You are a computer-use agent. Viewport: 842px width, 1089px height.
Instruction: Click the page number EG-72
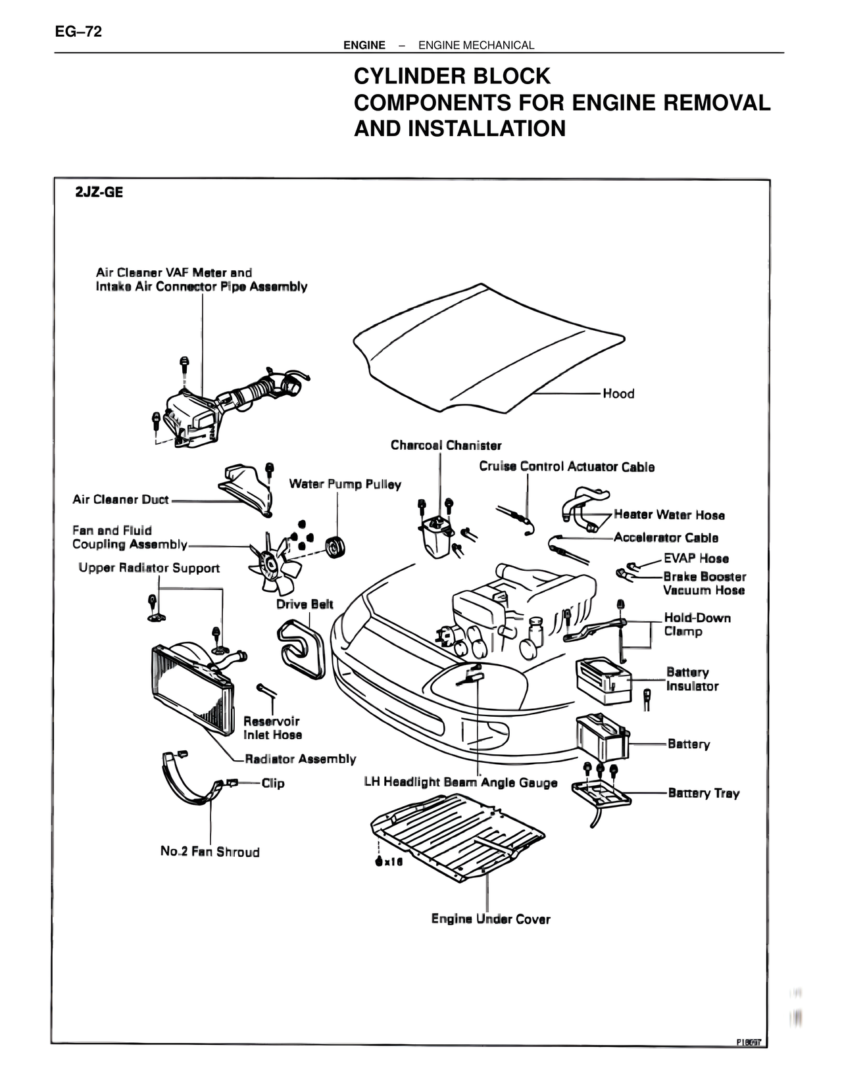click(79, 32)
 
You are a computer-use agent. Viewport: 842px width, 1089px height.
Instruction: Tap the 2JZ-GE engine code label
click(99, 193)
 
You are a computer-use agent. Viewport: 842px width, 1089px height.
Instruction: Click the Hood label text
click(618, 394)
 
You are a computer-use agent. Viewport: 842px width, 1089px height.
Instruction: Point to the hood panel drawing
click(487, 349)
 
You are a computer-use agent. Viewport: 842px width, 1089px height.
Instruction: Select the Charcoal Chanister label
click(446, 445)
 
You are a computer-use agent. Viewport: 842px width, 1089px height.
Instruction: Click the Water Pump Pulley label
click(345, 484)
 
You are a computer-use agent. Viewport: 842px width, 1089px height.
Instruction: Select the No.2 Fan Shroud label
click(210, 852)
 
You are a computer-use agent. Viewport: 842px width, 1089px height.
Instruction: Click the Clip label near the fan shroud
click(273, 783)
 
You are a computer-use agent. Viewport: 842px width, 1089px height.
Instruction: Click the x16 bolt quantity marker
click(393, 862)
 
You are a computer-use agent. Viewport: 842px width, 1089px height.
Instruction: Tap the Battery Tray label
click(704, 793)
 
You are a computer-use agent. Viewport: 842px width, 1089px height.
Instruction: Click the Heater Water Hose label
click(669, 515)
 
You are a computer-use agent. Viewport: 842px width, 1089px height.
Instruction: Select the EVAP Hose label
click(696, 558)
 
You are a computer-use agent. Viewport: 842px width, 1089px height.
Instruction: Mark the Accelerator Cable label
click(666, 537)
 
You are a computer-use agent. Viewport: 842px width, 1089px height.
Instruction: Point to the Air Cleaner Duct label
click(120, 500)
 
